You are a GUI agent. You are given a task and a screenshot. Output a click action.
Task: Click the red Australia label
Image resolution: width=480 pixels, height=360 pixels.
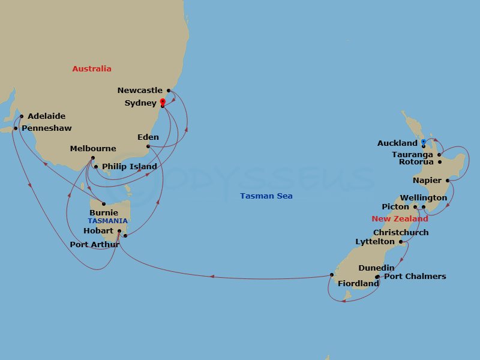click(92, 68)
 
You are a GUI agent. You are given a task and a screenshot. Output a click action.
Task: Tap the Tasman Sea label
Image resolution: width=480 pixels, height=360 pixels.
click(266, 196)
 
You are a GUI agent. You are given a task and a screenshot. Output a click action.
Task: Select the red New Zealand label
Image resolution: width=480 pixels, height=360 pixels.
click(400, 219)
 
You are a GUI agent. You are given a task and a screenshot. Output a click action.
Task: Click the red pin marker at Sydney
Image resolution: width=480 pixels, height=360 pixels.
click(163, 102)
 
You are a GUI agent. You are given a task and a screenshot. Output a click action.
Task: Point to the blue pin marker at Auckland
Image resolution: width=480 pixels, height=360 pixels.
click(424, 142)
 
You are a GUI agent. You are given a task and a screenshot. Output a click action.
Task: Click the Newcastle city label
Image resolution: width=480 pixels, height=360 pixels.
click(140, 91)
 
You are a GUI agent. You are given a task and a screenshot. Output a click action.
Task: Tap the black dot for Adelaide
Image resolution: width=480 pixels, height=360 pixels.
click(22, 116)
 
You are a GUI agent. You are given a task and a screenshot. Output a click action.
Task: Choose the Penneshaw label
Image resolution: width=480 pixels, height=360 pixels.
click(46, 128)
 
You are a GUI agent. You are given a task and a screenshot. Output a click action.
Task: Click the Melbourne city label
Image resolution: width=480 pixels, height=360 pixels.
click(93, 149)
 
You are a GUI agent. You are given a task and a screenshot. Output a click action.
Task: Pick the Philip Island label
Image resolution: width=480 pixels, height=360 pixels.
click(130, 167)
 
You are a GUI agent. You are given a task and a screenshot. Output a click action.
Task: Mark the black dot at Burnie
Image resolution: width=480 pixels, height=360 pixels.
click(104, 204)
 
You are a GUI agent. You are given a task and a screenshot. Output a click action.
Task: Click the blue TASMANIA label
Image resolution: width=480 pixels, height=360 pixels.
click(108, 221)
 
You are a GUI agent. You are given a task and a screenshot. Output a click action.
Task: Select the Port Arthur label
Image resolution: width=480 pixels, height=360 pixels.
click(94, 244)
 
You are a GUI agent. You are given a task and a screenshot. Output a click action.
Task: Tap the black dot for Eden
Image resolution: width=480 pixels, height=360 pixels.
click(148, 146)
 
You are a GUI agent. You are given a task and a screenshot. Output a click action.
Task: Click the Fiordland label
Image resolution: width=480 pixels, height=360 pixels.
click(358, 283)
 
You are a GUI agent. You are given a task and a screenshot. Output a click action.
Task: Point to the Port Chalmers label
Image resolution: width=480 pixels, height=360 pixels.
click(415, 277)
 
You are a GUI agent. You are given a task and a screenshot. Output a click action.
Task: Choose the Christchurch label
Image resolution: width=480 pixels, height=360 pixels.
click(401, 232)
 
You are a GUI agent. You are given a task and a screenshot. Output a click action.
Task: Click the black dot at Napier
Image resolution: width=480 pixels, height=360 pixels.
click(448, 180)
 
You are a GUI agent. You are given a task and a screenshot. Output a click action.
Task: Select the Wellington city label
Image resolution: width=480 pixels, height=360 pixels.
click(424, 198)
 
